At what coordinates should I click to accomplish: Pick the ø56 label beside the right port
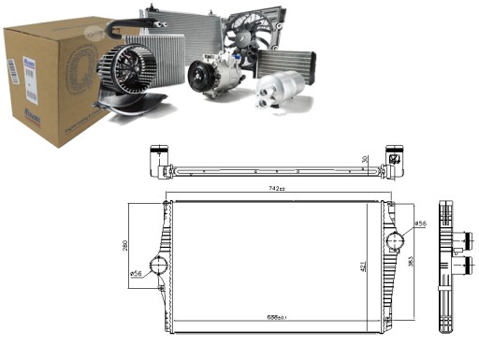(420, 224)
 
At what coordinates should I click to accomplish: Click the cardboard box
(47, 75)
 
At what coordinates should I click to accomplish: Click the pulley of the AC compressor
(201, 75)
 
